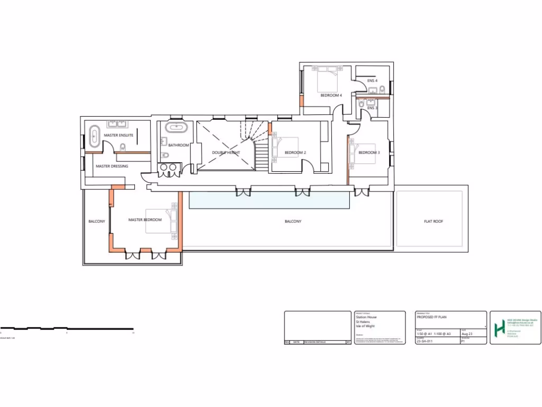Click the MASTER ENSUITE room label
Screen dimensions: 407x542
click(118, 135)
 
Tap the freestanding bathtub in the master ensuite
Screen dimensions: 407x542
click(94, 136)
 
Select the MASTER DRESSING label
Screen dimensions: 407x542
click(112, 166)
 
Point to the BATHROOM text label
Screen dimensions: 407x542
click(178, 145)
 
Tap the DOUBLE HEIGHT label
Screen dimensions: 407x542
click(226, 153)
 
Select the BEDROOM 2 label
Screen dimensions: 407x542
click(295, 153)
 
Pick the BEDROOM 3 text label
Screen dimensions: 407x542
click(369, 153)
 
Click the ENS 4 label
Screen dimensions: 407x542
click(372, 81)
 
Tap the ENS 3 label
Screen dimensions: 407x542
click(372, 108)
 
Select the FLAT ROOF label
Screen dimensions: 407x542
click(433, 221)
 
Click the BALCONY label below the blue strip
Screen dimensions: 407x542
click(293, 221)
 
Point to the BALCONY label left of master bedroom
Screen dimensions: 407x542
click(97, 221)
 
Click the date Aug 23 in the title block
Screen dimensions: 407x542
click(467, 334)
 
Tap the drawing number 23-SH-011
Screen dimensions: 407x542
click(425, 342)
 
